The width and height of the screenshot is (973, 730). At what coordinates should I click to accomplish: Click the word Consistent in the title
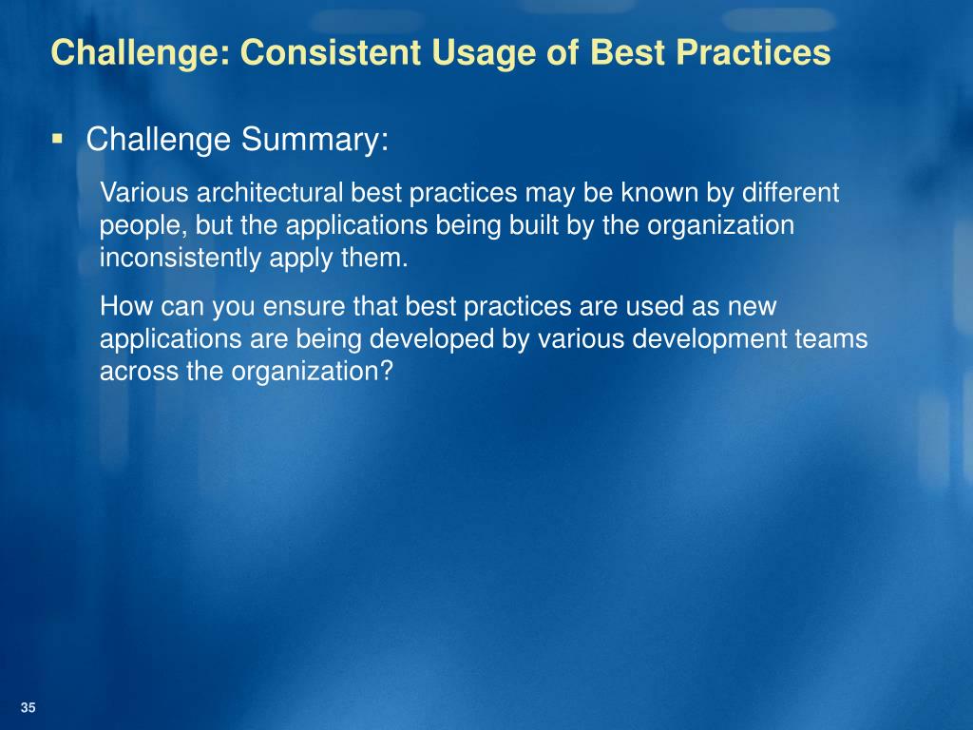[x=331, y=51]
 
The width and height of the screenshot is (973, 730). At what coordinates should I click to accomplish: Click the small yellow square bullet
[x=58, y=138]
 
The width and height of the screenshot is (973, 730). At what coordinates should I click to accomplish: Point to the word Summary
[x=315, y=140]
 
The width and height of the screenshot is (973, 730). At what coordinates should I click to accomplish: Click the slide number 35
[x=28, y=707]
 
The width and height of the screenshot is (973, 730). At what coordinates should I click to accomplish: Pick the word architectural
[x=270, y=192]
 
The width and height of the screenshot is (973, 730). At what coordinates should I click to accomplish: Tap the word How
[x=126, y=306]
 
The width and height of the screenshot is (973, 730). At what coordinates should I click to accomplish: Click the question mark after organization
[x=386, y=372]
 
